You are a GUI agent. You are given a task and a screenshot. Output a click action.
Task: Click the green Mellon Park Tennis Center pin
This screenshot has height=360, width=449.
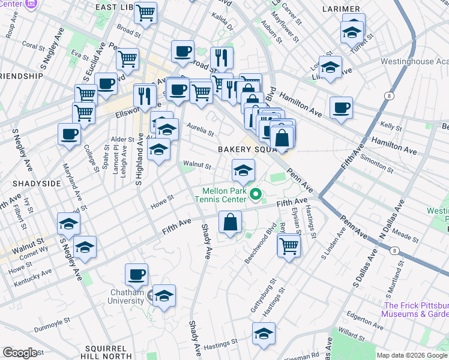coord(256,193)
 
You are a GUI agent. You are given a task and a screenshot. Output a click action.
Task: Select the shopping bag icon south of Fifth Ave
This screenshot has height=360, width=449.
coord(230,223)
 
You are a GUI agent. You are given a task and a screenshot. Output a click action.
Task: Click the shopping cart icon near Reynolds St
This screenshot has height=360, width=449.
coord(289,245)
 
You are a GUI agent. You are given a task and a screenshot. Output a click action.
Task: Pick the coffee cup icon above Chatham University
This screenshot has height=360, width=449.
coord(137,275)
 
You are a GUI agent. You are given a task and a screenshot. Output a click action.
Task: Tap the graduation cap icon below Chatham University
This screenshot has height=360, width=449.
coord(163,296)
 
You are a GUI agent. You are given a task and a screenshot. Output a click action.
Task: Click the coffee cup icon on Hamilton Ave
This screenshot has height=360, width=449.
coord(341,108)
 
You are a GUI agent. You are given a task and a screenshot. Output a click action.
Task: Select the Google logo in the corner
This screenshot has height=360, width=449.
coord(20,353)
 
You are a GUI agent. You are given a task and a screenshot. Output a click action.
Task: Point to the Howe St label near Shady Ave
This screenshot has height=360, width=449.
coord(161,200)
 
